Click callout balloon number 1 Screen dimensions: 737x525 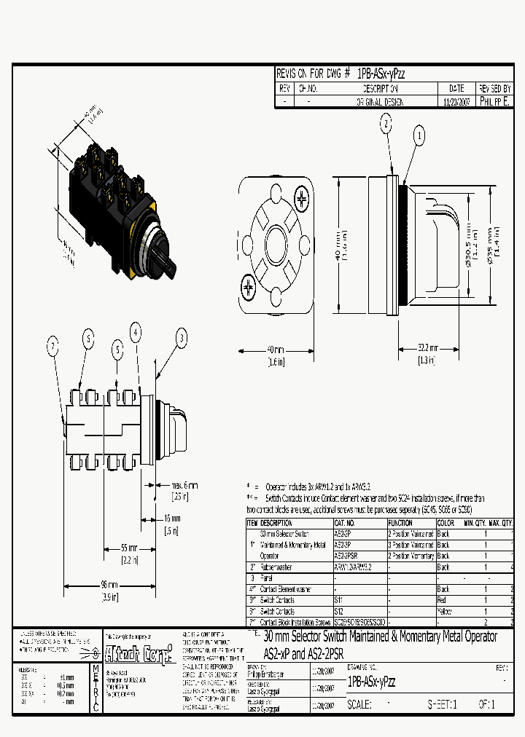[x=419, y=135]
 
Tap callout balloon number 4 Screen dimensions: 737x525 [x=136, y=333]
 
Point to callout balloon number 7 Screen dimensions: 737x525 [x=53, y=347]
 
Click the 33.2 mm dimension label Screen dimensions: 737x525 [x=429, y=349]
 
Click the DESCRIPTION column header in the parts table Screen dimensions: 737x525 [x=276, y=523]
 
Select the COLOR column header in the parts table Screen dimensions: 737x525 [x=445, y=523]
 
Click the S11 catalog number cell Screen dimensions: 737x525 [x=339, y=600]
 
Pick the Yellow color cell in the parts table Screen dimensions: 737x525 [x=444, y=612]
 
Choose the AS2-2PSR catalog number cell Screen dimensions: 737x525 [x=346, y=555]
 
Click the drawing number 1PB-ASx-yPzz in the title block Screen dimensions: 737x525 [x=372, y=682]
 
